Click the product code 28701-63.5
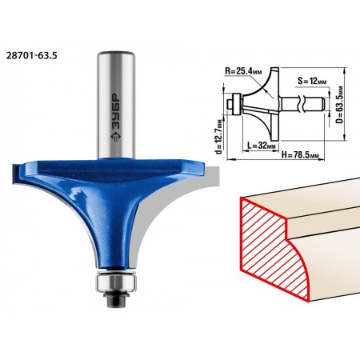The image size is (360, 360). [31, 56]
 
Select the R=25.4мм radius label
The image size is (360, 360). [243, 71]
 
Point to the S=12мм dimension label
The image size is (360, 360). [312, 81]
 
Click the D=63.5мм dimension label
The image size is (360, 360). [339, 104]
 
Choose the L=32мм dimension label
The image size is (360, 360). [262, 146]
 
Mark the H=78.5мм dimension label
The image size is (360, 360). [300, 155]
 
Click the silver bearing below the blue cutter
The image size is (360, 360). [116, 283]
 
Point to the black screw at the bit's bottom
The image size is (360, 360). [116, 299]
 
